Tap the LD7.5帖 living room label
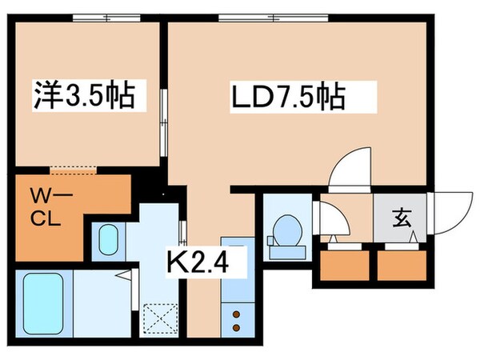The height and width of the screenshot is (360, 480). (290, 98)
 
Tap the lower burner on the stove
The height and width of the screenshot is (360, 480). (237, 326)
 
